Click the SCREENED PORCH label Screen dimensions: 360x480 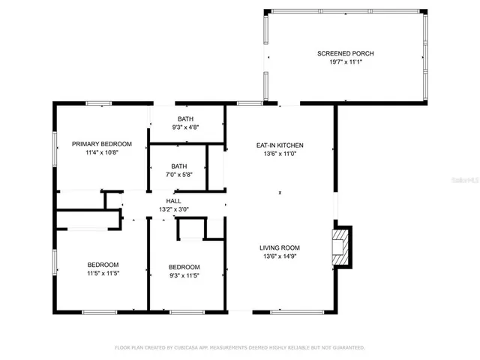pyautogui.click(x=345, y=53)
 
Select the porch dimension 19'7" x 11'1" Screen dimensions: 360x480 pyautogui.click(x=345, y=63)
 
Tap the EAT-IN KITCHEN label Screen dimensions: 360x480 pyautogui.click(x=279, y=145)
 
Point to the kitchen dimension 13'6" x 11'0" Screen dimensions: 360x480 pyautogui.click(x=279, y=154)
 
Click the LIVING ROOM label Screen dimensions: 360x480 pyautogui.click(x=279, y=247)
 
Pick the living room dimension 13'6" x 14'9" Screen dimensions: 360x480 pyautogui.click(x=279, y=257)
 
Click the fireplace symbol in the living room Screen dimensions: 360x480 pyautogui.click(x=341, y=247)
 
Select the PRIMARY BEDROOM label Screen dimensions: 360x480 pyautogui.click(x=102, y=143)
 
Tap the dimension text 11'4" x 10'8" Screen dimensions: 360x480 pyautogui.click(x=102, y=153)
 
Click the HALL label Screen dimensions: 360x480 pyautogui.click(x=173, y=201)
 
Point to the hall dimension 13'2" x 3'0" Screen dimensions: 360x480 pyautogui.click(x=173, y=210)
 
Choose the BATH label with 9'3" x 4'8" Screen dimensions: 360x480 pyautogui.click(x=185, y=119)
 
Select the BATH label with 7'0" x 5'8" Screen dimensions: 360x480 pyautogui.click(x=178, y=166)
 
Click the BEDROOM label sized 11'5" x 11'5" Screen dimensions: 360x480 pyautogui.click(x=103, y=265)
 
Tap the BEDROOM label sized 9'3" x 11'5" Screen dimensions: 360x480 pyautogui.click(x=184, y=267)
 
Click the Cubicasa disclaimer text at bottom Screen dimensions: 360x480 pyautogui.click(x=239, y=348)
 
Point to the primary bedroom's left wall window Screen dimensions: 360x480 pyautogui.click(x=54, y=145)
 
